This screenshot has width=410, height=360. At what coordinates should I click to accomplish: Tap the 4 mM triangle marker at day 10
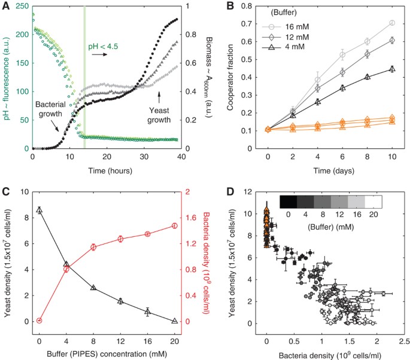tap(393, 69)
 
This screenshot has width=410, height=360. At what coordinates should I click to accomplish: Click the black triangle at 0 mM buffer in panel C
tap(40, 210)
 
